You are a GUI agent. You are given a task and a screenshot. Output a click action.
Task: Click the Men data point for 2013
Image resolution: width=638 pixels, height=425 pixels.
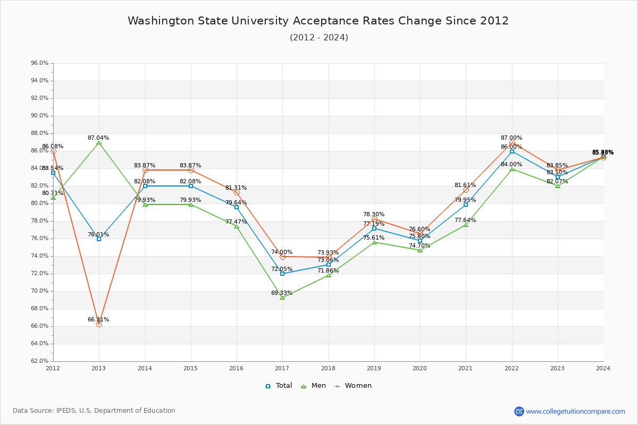(99, 142)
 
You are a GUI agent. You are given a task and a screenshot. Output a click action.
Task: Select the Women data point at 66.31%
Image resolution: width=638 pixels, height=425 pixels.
(99, 324)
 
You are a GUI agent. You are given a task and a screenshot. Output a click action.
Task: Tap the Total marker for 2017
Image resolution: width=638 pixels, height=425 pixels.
(282, 274)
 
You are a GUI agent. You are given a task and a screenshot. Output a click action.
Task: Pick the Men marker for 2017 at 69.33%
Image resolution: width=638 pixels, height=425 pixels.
(282, 297)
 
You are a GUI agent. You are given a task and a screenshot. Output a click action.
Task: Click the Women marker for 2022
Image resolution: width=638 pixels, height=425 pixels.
(512, 143)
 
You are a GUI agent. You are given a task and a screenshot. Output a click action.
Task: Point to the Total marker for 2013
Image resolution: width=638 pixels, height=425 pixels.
(99, 239)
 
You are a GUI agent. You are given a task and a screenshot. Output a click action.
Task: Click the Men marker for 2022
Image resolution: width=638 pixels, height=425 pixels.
(512, 169)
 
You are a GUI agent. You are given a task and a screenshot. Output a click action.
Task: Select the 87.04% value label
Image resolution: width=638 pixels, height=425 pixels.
(98, 138)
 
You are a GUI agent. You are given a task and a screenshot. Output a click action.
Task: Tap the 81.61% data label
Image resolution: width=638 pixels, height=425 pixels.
(465, 185)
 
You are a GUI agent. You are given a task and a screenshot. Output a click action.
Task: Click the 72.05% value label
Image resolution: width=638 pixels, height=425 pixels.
(282, 269)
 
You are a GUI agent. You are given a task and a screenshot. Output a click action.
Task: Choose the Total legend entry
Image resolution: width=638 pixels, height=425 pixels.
(279, 386)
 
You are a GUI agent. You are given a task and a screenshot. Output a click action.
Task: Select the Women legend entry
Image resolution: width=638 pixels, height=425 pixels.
(353, 386)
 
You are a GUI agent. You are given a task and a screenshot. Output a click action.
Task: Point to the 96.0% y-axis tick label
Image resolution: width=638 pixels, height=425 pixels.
(40, 63)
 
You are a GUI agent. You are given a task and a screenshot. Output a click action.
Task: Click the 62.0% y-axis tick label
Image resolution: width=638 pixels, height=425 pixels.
(40, 361)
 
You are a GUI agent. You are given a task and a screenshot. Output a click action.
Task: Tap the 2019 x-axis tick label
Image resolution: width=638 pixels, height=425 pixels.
(374, 368)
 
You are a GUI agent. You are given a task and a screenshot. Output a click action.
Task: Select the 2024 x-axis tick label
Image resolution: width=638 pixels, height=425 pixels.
(603, 368)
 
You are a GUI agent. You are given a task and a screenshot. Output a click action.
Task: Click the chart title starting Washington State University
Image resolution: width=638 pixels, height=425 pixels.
(318, 21)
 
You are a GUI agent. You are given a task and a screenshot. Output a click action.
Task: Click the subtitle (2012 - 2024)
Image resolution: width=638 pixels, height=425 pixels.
(319, 37)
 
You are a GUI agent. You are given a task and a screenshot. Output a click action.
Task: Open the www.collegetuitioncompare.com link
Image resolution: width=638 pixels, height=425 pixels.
(575, 411)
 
